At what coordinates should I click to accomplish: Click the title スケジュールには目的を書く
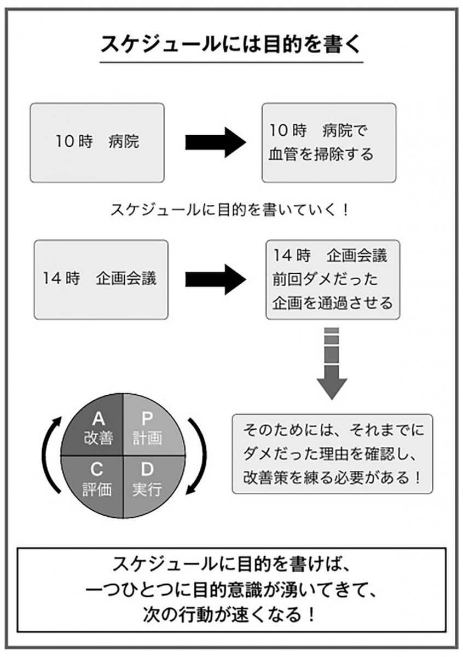(x=231, y=44)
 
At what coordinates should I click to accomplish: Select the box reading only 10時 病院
(x=97, y=142)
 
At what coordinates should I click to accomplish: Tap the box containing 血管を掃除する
(x=328, y=142)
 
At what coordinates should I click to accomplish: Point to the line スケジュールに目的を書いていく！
(x=230, y=210)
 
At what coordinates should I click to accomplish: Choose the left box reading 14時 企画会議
(x=101, y=279)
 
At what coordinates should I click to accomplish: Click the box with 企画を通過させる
(x=333, y=279)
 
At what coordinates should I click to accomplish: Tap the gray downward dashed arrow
(x=332, y=364)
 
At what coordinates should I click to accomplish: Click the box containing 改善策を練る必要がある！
(x=332, y=454)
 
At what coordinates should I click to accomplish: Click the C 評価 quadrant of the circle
(x=97, y=480)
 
